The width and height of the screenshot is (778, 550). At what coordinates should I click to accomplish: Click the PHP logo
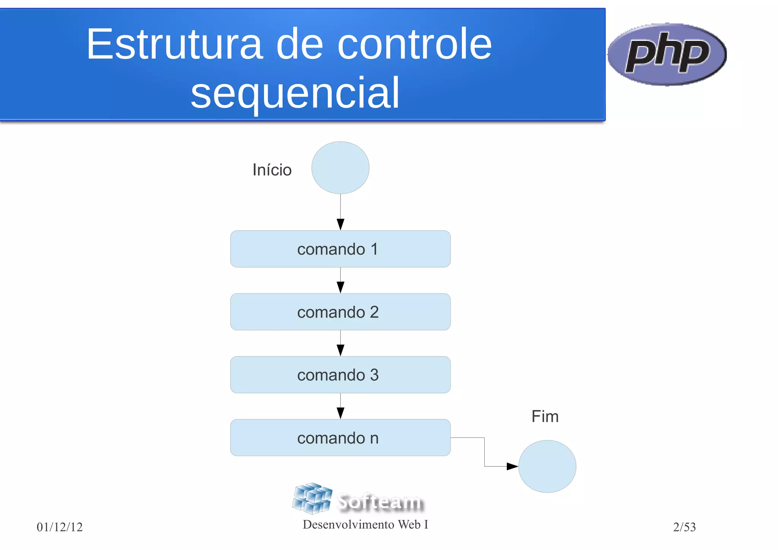[667, 54]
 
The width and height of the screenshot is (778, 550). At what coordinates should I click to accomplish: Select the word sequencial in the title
[295, 93]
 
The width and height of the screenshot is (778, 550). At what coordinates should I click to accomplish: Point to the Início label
[272, 170]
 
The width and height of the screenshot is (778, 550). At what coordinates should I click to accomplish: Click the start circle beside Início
[340, 168]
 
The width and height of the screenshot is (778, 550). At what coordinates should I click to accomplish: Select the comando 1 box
[340, 249]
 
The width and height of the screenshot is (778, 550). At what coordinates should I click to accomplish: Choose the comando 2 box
[340, 312]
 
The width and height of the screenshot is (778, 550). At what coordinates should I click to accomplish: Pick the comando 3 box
[340, 375]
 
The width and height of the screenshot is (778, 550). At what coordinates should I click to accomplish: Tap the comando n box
[340, 437]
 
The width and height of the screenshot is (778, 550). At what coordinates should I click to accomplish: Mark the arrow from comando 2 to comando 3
[340, 344]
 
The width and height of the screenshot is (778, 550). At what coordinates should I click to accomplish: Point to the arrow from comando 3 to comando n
[340, 406]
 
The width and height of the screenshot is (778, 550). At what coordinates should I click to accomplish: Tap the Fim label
[545, 417]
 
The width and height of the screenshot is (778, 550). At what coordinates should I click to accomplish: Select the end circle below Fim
[547, 466]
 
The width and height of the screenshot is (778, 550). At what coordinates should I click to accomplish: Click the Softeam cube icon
[312, 498]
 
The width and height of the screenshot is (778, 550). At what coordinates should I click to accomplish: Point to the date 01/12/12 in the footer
[60, 527]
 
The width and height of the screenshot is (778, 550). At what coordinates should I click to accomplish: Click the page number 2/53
[684, 527]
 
